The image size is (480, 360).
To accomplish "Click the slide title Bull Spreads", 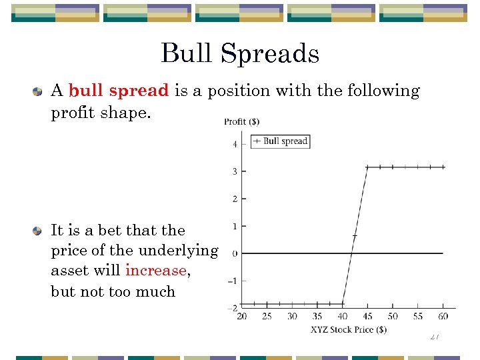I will point(240,53).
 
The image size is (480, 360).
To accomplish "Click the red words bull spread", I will point(119,91).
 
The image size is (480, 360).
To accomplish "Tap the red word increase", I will point(156,271).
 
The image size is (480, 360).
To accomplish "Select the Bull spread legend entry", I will point(280,141).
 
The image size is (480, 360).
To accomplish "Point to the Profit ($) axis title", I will point(242,121).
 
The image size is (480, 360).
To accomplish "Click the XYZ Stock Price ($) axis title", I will point(348,329).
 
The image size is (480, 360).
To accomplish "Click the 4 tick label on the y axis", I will point(235,144).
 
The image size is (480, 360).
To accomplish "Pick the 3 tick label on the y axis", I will point(235,171).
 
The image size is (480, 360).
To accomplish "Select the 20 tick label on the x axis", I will point(242,316).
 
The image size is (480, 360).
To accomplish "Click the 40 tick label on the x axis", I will point(342,316).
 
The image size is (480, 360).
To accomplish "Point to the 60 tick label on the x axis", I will point(443,316).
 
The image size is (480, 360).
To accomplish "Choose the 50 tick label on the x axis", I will point(393,316).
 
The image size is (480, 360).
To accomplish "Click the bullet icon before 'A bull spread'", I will point(39,91).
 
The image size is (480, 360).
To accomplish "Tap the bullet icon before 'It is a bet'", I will point(39,231).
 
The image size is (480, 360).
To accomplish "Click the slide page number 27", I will point(434,337).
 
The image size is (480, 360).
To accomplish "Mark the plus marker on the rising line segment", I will point(355,236).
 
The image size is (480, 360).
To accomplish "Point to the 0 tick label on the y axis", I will point(235,253).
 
